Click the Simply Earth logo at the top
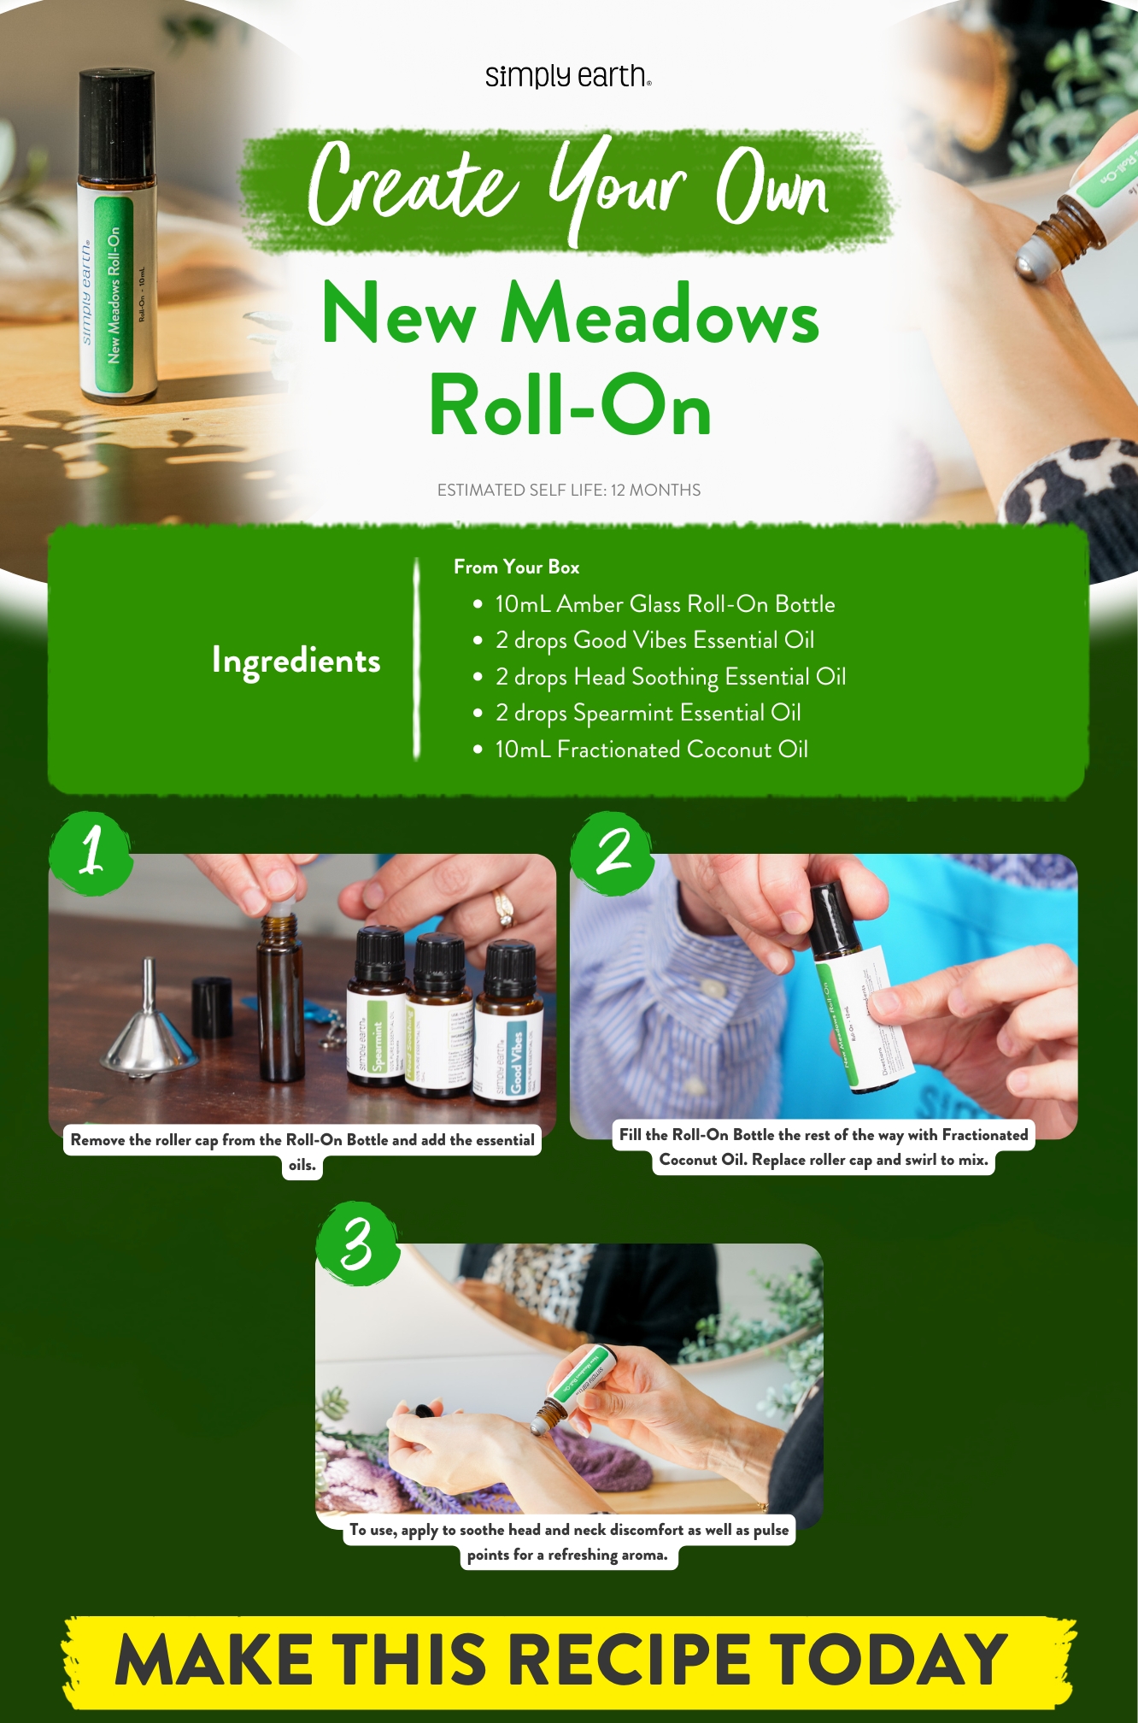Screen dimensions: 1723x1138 click(x=568, y=76)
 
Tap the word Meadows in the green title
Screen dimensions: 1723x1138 click(x=660, y=315)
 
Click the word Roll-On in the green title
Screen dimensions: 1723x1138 click(x=570, y=405)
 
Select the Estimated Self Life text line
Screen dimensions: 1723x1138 click(x=568, y=490)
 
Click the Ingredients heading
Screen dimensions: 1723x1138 click(x=296, y=661)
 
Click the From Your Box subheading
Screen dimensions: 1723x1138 click(x=516, y=567)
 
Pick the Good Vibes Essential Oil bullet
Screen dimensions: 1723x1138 click(x=654, y=640)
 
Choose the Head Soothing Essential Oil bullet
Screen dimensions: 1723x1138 click(x=670, y=677)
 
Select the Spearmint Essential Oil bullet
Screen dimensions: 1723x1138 click(x=647, y=713)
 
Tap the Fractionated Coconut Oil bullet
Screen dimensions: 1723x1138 click(x=651, y=750)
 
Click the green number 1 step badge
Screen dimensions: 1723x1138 click(x=91, y=853)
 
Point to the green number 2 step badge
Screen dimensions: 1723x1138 click(x=613, y=853)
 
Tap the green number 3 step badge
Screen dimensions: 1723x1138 click(x=358, y=1244)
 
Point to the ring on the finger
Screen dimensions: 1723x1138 click(x=503, y=907)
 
